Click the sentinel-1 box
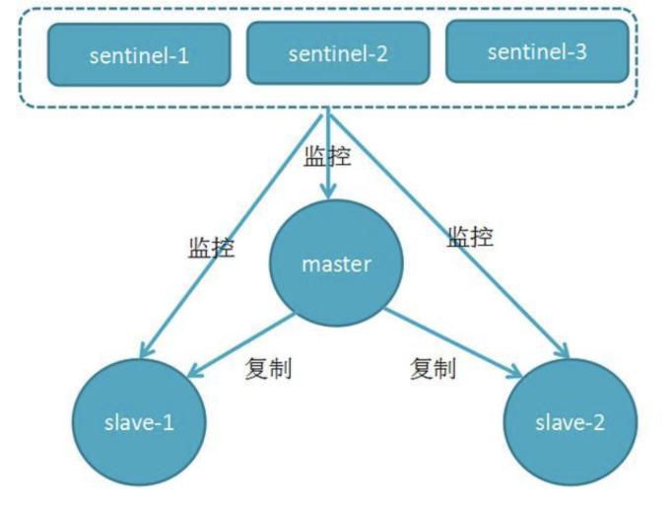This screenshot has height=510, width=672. pos(140,56)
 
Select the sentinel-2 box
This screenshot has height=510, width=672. pos(338,53)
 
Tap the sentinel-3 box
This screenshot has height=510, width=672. pos(537,51)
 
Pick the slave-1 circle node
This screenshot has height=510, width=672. pos(140,421)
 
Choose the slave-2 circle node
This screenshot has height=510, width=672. pos(570,422)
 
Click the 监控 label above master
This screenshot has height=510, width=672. pos(327,156)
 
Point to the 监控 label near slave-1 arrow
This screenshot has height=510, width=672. pos(211,247)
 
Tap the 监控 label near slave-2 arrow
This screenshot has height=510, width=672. pos(470,236)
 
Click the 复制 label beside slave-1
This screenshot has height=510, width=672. pos(268,369)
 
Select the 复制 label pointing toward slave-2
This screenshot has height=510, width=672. pos(433,369)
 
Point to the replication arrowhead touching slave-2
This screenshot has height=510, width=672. pos(514,372)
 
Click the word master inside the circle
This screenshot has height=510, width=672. pos(336,264)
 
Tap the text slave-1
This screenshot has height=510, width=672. pos(140,422)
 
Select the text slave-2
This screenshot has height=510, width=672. pos(570,423)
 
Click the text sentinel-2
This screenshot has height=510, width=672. pos(338,54)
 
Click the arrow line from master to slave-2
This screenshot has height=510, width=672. pos(448,341)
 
